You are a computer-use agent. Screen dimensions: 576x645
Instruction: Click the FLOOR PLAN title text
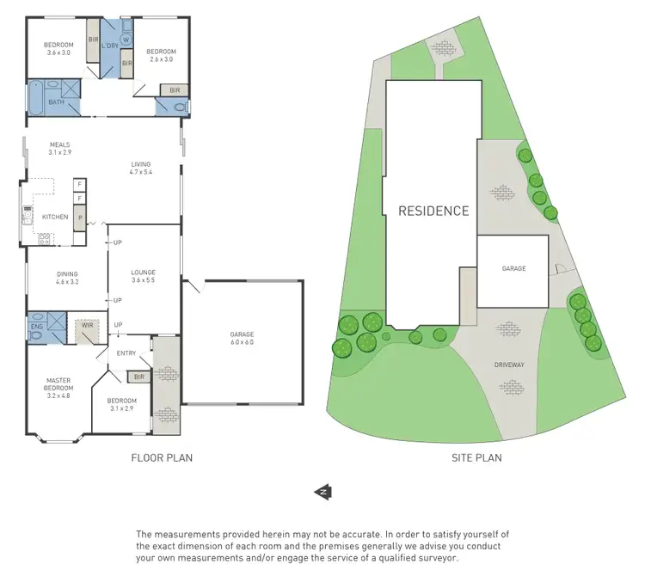pos(161,458)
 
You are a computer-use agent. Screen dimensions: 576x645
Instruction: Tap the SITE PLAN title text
pos(476,458)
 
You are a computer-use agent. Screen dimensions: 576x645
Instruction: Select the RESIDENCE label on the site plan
pos(433,211)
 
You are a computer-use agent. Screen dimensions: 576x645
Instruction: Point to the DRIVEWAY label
pos(509,365)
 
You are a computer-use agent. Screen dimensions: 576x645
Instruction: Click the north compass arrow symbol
pos(323,492)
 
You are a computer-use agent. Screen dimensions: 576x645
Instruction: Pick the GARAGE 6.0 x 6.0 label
pos(242,339)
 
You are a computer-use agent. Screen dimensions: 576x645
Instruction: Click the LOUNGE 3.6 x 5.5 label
pos(143,276)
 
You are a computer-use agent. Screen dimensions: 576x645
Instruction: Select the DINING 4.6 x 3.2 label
pos(67,278)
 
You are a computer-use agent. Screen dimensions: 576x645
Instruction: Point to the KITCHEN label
pos(55,217)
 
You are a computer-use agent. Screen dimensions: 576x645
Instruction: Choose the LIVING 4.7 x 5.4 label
pos(141,169)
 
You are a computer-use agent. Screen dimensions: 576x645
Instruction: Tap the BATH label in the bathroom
pos(56,102)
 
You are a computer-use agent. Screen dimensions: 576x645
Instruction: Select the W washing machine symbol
pos(126,40)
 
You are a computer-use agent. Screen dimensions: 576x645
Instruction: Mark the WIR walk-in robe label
pos(87,325)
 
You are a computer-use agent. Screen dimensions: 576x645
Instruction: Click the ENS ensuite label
pos(36,327)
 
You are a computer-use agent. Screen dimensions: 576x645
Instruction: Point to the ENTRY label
pos(127,353)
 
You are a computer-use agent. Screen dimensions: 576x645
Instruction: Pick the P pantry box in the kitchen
pos(80,218)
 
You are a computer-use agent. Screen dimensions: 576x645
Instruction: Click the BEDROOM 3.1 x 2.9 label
pos(122,405)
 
